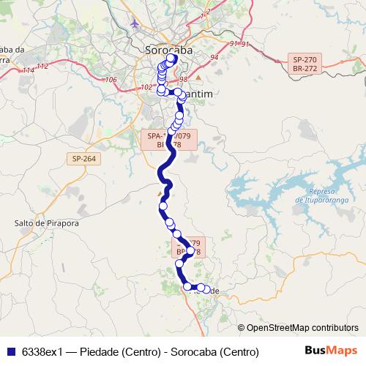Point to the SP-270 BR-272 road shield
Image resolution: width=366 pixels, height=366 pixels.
tap(307, 62)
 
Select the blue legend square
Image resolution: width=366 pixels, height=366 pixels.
tap(11, 352)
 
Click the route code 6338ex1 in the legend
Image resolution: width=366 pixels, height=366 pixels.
tap(42, 352)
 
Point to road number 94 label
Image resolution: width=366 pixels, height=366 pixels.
tap(214, 57)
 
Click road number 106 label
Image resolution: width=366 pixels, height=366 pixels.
tap(111, 80)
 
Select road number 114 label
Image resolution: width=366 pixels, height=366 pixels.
tap(28, 70)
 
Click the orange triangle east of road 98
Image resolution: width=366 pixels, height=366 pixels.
tap(198, 78)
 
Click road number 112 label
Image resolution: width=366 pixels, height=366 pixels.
tap(42, 66)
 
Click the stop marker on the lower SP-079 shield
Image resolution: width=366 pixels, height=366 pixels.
tap(190, 250)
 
